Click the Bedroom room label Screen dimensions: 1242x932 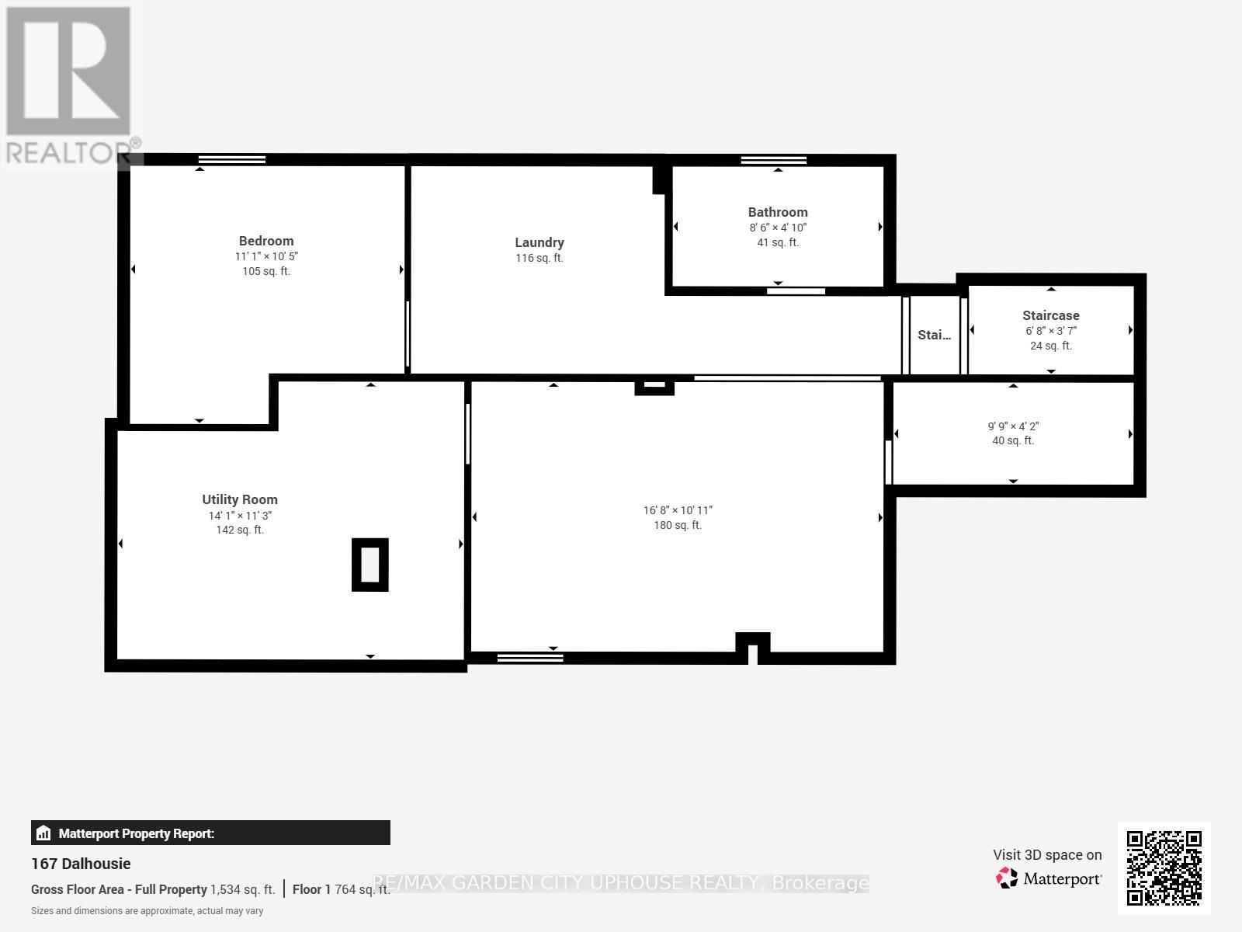[266, 241]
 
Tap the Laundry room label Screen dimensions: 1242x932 [539, 243]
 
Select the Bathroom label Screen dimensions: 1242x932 [778, 212]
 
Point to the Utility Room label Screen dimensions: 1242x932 [240, 499]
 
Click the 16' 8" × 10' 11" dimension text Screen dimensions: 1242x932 [678, 510]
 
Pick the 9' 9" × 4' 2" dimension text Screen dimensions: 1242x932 [1014, 426]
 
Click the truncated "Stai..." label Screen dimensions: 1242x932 [934, 335]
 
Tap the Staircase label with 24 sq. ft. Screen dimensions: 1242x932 [1051, 316]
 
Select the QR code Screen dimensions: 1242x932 [1164, 868]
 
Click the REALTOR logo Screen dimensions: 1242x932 [71, 85]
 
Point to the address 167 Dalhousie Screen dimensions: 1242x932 [81, 864]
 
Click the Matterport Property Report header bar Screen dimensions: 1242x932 [210, 833]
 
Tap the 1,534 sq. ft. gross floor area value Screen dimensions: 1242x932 [243, 889]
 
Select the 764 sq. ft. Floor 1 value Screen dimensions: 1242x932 [363, 889]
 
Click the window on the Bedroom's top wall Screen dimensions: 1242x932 [232, 159]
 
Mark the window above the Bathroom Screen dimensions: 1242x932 [774, 160]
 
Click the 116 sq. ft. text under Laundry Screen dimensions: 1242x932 [539, 258]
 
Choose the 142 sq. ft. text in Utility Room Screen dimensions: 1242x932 [240, 530]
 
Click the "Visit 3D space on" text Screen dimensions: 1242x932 [1047, 855]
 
